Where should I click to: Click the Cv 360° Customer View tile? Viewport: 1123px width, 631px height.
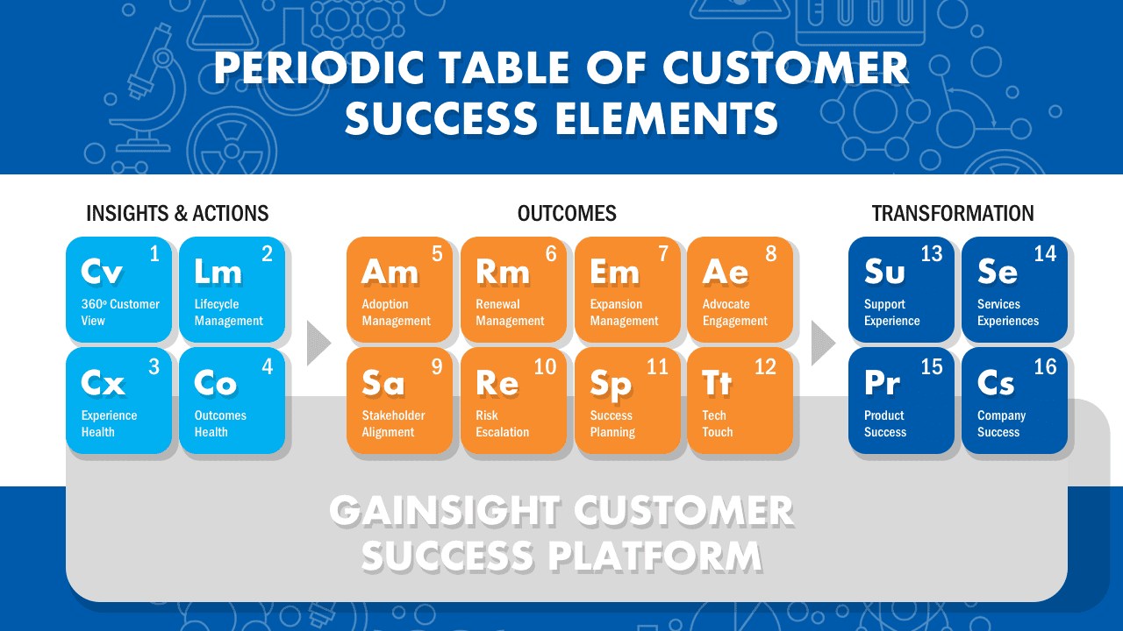pos(118,289)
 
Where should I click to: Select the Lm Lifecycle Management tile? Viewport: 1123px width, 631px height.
pos(232,289)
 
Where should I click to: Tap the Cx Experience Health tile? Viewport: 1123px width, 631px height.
pos(118,401)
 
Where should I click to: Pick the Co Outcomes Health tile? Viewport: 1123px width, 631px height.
pos(232,401)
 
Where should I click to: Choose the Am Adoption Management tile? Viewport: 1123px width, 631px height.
pos(399,289)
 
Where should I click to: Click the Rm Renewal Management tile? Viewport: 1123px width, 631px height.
pos(513,289)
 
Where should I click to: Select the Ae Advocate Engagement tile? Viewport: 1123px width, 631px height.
pos(740,289)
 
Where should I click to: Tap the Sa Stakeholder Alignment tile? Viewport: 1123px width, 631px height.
pos(399,401)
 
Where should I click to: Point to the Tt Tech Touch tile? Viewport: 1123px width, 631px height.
pos(740,401)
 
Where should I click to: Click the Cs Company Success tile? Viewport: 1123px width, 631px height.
pos(1015,401)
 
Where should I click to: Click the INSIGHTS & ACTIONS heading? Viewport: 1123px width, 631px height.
pos(177,213)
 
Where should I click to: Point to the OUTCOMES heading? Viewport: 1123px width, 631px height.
pos(567,213)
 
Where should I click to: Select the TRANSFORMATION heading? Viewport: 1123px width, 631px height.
pos(953,213)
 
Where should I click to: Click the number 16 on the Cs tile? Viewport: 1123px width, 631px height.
pos(1045,367)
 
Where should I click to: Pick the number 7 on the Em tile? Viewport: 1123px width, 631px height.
pos(663,254)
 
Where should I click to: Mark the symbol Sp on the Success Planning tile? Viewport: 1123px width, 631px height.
pos(610,385)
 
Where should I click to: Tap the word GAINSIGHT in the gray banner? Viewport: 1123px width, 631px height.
pos(444,511)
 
